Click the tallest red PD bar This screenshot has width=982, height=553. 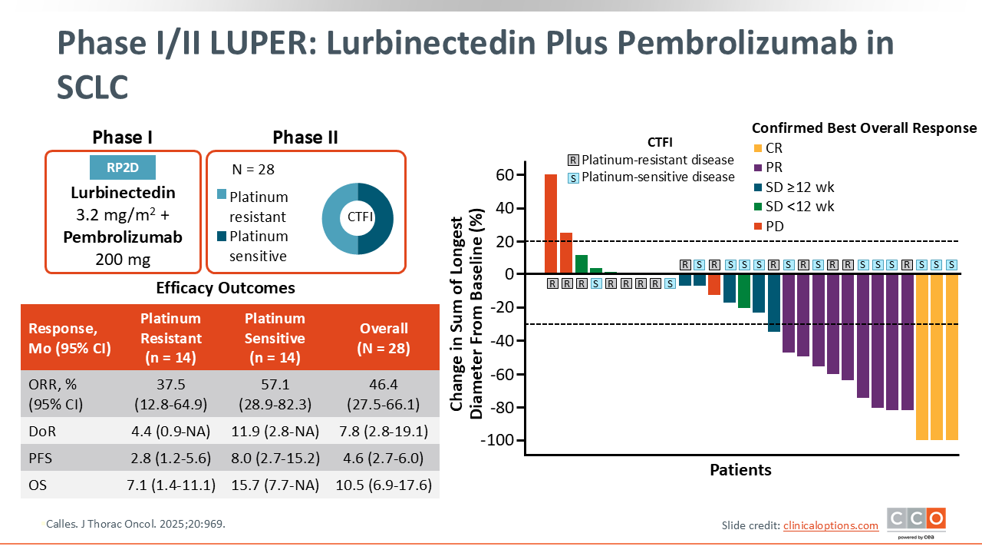point(551,224)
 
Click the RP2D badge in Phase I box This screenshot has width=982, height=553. point(122,167)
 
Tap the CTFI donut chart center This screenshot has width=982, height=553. point(358,218)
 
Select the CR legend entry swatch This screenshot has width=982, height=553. point(758,148)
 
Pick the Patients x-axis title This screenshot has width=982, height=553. point(740,469)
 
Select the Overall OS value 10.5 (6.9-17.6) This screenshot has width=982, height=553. point(384,485)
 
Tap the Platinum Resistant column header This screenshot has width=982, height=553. point(170,337)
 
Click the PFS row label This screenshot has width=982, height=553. point(40,459)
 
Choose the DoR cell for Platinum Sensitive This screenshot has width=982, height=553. point(275,432)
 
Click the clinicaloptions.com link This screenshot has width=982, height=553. point(831,525)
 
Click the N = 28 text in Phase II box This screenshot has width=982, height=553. point(253,170)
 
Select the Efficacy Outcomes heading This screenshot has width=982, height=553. point(226,288)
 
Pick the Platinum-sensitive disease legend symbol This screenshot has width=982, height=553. point(573,178)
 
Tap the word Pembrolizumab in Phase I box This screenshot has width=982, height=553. point(123,237)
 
